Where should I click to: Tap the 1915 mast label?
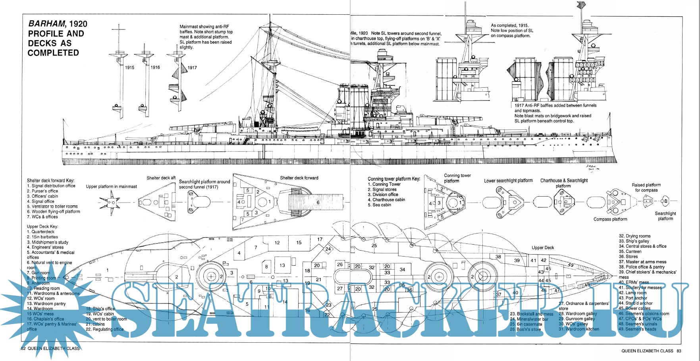[130, 68]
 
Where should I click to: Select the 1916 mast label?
[155, 68]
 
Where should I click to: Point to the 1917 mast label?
[192, 68]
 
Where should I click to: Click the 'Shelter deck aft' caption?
[161, 178]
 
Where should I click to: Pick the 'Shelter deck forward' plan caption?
[299, 178]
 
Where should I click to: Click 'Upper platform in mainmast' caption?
[111, 186]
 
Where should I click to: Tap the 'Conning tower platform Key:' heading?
[393, 179]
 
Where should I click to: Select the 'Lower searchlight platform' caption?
[508, 181]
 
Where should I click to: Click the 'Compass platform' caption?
[610, 219]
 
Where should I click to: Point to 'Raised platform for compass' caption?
[646, 187]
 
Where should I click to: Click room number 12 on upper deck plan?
[277, 243]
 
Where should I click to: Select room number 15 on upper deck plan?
[299, 243]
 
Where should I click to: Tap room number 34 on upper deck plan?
[402, 270]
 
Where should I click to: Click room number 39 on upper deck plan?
[517, 261]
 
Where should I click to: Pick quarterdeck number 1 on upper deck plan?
[108, 270]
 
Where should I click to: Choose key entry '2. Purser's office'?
[42, 191]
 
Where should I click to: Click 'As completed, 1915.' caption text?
[509, 25]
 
